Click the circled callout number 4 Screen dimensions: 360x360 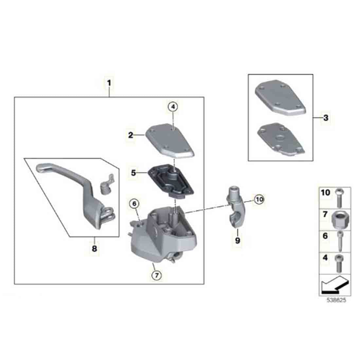click(x=173, y=107)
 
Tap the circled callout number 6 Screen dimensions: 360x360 click(x=134, y=204)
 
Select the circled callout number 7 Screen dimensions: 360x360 click(x=156, y=275)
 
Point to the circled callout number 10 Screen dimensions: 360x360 click(x=259, y=199)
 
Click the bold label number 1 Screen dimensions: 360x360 click(x=109, y=83)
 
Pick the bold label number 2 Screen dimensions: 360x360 click(x=131, y=135)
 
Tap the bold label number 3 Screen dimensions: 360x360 click(x=326, y=118)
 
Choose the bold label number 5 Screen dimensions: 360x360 click(x=134, y=173)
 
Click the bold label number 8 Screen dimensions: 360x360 click(x=94, y=248)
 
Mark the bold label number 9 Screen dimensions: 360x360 click(x=238, y=241)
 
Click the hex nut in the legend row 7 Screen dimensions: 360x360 click(x=341, y=219)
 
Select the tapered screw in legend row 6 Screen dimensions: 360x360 click(x=340, y=242)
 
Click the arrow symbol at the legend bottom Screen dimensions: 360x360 click(x=335, y=285)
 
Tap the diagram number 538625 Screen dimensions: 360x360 click(x=336, y=300)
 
